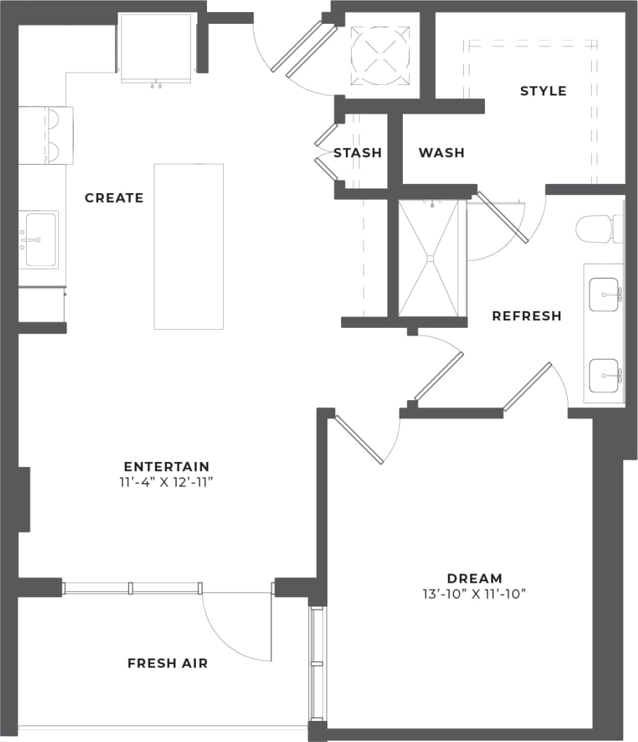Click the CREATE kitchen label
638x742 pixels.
114,198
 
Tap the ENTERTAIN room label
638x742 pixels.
166,466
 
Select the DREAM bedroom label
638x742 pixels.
474,578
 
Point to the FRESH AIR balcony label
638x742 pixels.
167,663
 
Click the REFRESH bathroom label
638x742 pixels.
526,316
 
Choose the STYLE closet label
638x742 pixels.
543,91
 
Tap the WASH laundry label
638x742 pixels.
441,152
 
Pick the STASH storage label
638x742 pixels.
357,152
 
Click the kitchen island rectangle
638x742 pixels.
189,246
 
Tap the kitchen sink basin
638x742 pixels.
41,239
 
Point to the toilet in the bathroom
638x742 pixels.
594,228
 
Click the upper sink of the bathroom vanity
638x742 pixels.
604,295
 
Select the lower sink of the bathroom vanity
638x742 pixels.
604,376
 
